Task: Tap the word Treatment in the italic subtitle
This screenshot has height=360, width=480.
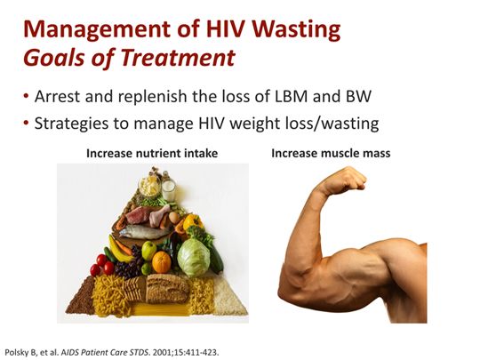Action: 188,59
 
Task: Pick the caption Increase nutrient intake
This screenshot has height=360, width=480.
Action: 152,153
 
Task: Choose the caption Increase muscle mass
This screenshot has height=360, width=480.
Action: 331,153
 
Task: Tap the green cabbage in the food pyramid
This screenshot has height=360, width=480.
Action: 193,257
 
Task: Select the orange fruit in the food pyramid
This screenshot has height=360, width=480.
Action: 161,262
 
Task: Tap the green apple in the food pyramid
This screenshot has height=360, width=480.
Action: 148,251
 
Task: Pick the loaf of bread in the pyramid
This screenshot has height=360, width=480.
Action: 166,287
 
